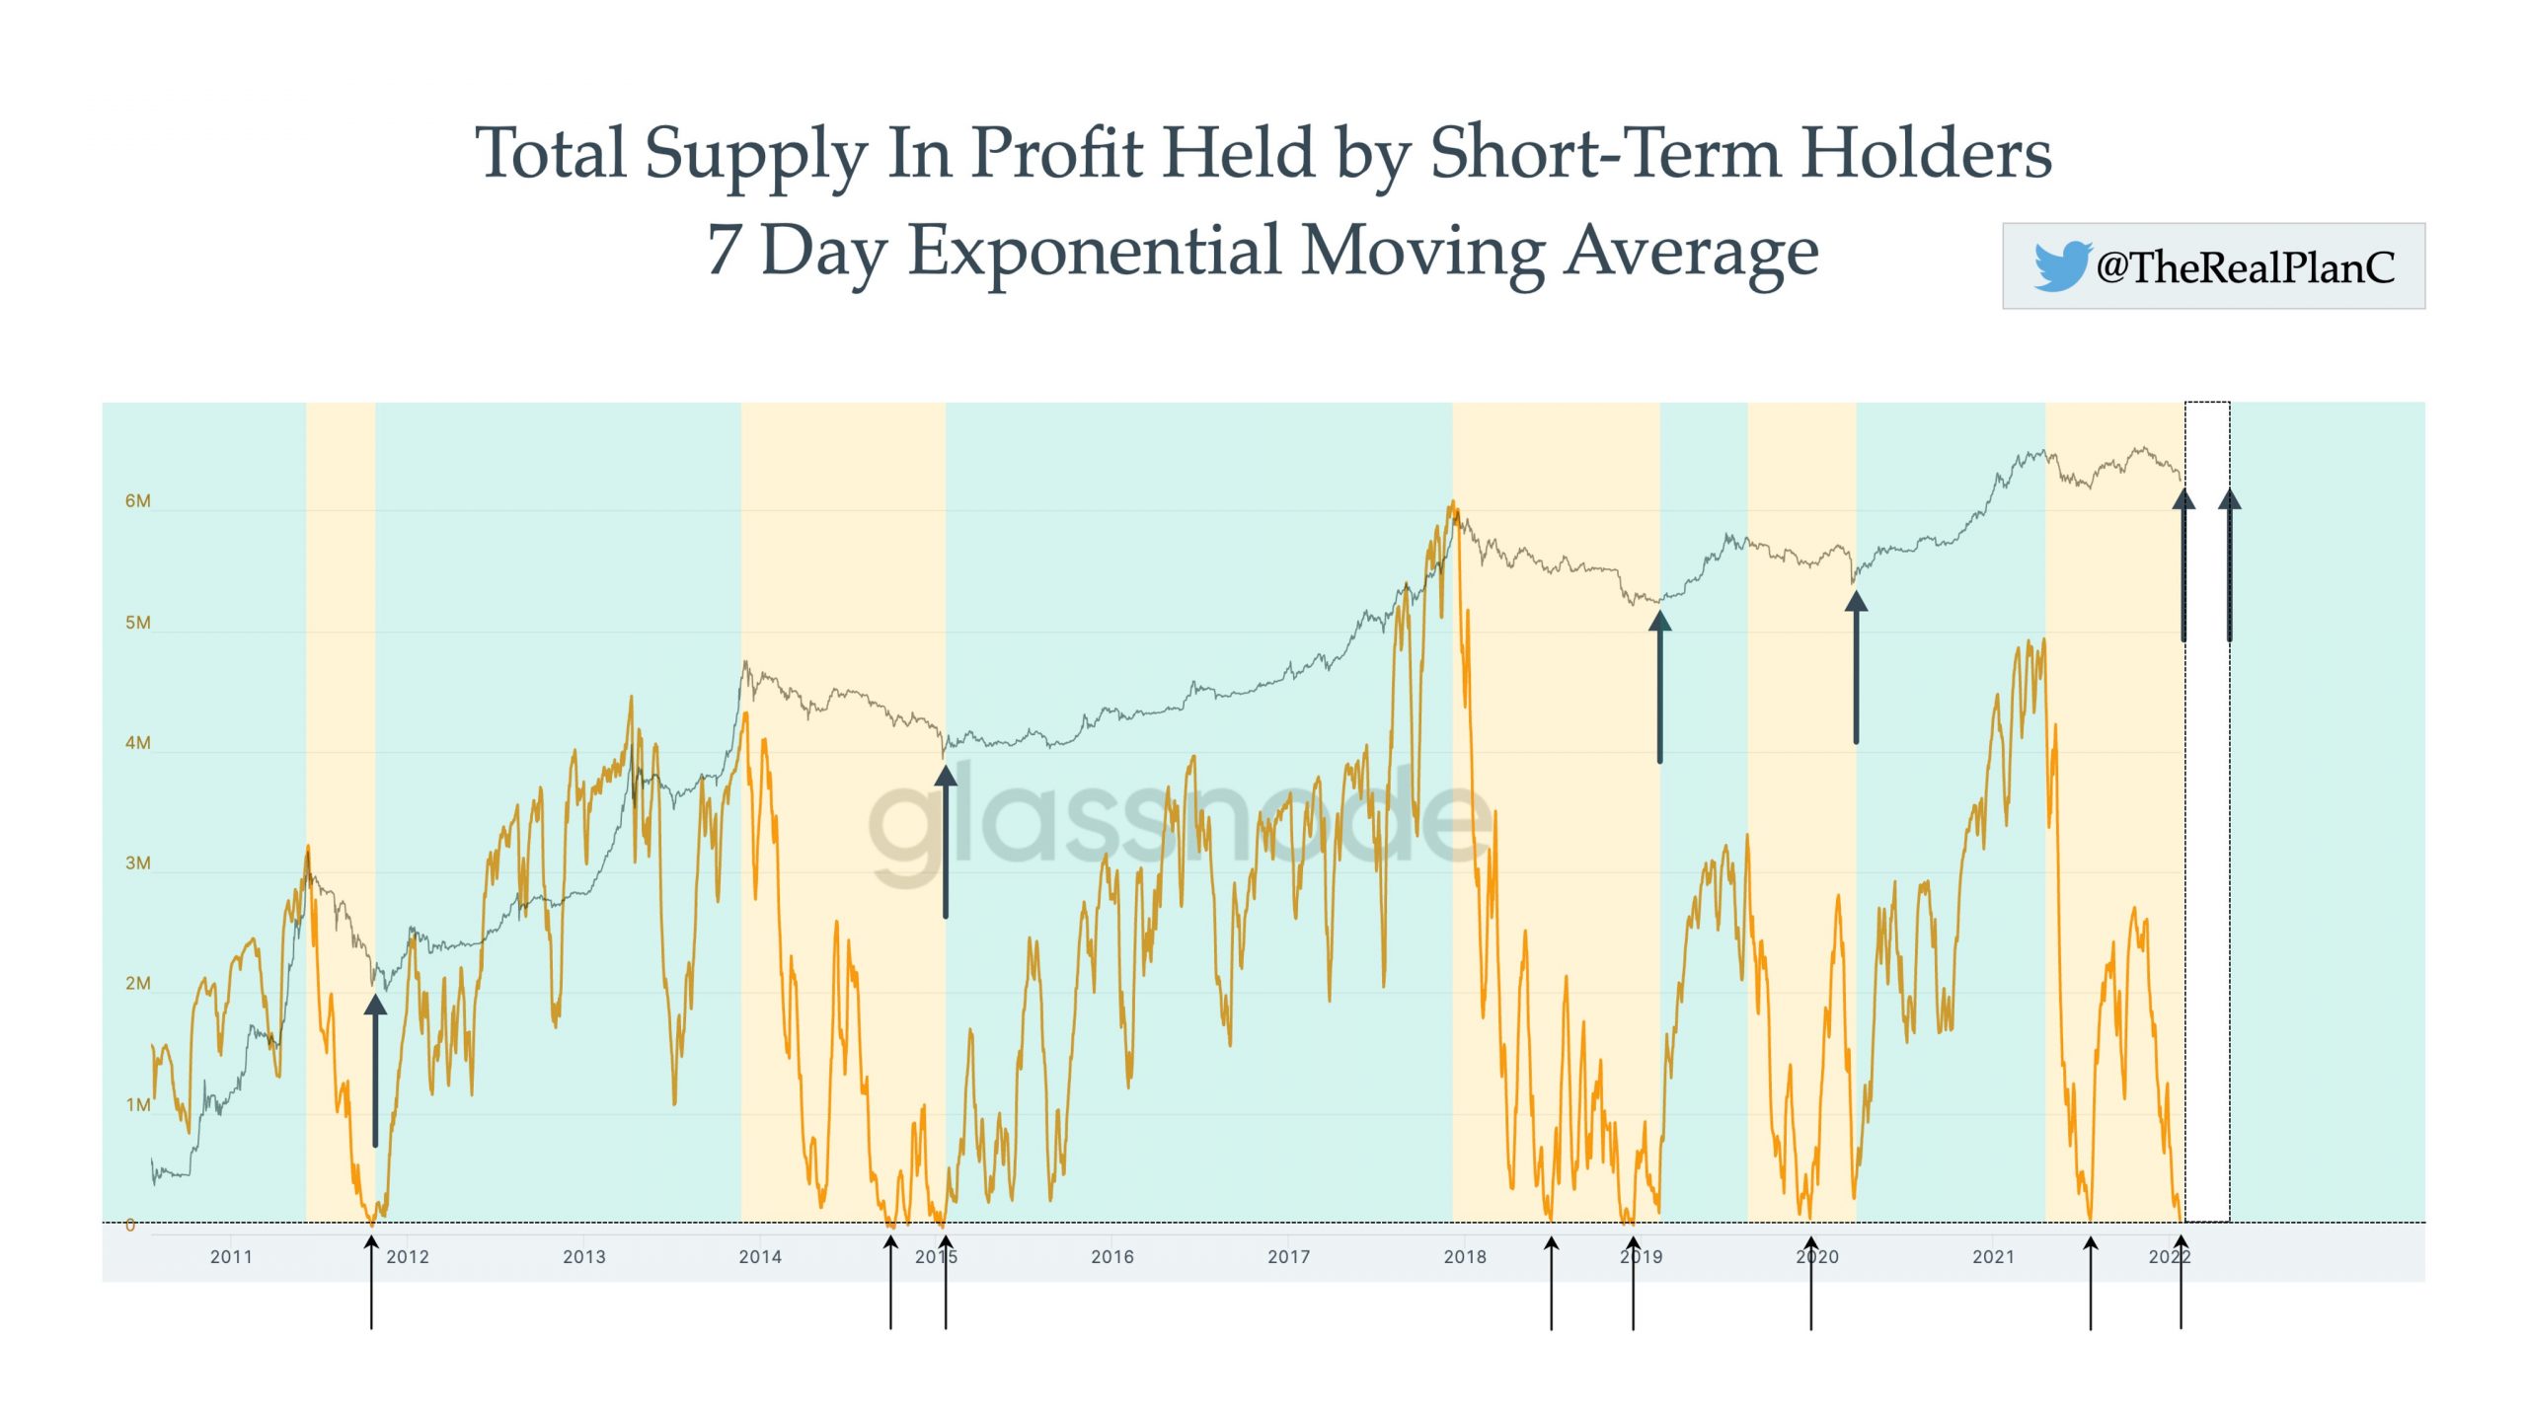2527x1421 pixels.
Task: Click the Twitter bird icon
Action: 2061,266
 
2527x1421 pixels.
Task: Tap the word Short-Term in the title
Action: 1605,154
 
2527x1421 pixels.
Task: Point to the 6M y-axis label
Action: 138,501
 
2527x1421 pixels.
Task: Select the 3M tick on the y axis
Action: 138,863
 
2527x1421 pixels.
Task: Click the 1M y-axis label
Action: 138,1105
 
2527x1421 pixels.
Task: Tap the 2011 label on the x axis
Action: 231,1257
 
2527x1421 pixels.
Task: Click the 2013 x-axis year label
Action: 584,1257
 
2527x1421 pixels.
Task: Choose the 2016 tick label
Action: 1112,1257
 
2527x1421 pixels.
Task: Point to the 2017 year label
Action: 1288,1257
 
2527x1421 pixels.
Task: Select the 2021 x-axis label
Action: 1993,1257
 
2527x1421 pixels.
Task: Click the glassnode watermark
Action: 1180,821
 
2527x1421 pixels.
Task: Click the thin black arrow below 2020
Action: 1811,1283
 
